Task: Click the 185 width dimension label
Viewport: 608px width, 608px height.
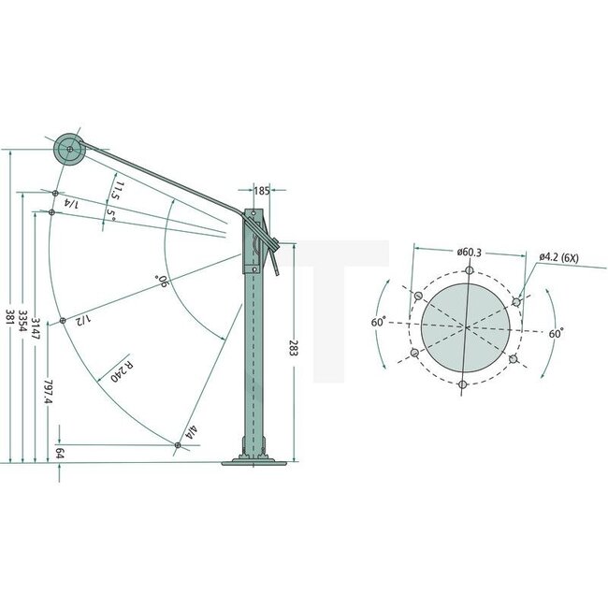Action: (261, 191)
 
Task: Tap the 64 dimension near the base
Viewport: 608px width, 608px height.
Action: (61, 452)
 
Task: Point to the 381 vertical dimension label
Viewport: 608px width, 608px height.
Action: (9, 315)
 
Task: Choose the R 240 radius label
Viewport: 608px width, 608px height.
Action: (121, 370)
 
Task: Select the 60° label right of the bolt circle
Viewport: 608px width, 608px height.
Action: (555, 333)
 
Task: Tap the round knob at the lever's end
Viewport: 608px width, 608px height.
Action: (68, 148)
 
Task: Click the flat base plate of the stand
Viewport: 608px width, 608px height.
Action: (254, 460)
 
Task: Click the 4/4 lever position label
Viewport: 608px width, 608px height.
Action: (191, 432)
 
